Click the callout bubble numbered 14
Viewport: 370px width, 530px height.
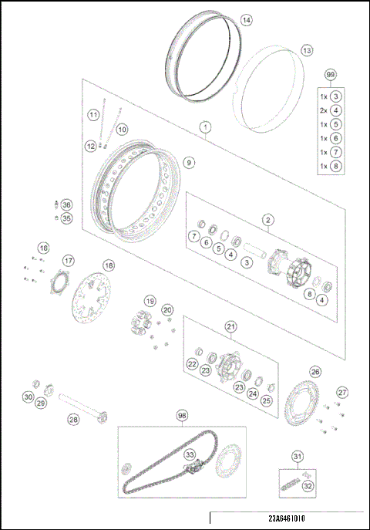click(246, 20)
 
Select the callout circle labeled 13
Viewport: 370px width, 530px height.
click(307, 50)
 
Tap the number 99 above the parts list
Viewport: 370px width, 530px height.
click(331, 74)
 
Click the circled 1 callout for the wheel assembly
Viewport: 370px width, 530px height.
click(206, 125)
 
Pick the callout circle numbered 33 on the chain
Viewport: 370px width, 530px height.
click(190, 455)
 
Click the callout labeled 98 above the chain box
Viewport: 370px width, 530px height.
click(182, 415)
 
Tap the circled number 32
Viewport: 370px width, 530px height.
click(308, 486)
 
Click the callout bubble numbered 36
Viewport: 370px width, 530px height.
click(66, 205)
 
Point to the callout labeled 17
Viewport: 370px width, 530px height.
click(69, 260)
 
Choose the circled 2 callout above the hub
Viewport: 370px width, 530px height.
click(267, 220)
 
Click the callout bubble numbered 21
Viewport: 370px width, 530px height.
click(230, 326)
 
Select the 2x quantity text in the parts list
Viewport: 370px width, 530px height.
click(324, 110)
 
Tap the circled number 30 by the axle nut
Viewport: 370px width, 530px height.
click(28, 397)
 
